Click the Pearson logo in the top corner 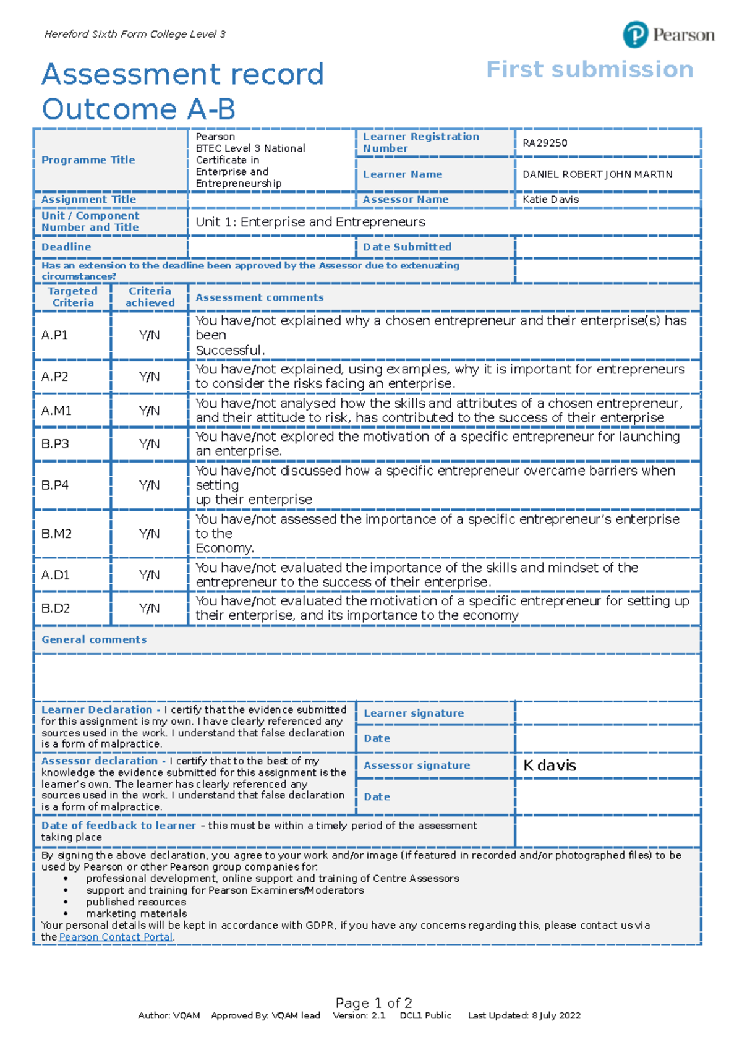coord(668,35)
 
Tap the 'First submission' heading coord(590,70)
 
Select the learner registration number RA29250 coord(545,143)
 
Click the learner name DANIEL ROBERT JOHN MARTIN coord(597,174)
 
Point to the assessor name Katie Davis coord(550,200)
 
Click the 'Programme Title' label coord(88,160)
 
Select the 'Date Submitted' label coord(407,247)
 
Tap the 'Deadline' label coord(66,247)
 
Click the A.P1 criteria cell coord(54,335)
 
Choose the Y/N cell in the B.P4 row coord(149,485)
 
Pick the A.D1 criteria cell coord(56,575)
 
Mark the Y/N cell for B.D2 coord(149,608)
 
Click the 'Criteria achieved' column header coord(150,297)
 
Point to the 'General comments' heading coord(94,640)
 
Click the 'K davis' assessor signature coord(550,766)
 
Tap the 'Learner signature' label coord(414,714)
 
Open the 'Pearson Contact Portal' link coord(116,937)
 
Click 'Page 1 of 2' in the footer coord(373,1003)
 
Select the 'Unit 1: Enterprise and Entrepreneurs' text coord(310,222)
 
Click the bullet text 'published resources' coord(136,902)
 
